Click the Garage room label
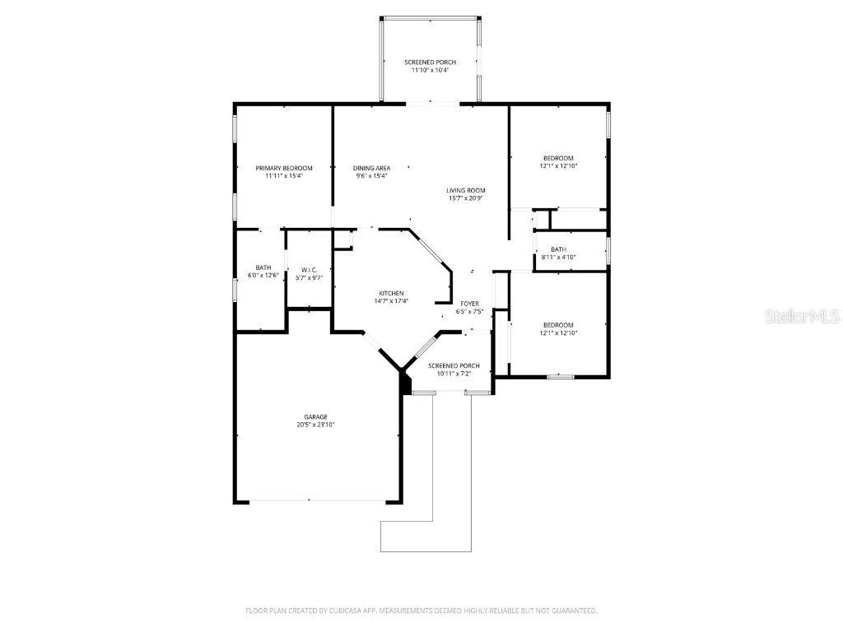tap(315, 416)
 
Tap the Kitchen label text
tap(391, 294)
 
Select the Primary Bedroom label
tap(284, 168)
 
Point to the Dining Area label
tap(371, 168)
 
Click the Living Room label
tap(466, 190)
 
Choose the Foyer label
tap(469, 304)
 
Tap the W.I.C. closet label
tap(310, 270)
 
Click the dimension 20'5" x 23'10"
tap(315, 425)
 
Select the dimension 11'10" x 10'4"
tap(430, 70)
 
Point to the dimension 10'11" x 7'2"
tap(454, 374)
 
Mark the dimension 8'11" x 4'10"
tap(558, 257)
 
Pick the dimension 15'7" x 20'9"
tap(466, 198)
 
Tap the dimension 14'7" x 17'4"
tap(391, 301)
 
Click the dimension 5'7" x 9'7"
tap(310, 278)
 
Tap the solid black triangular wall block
tap(404, 383)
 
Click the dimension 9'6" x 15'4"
tap(371, 175)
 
